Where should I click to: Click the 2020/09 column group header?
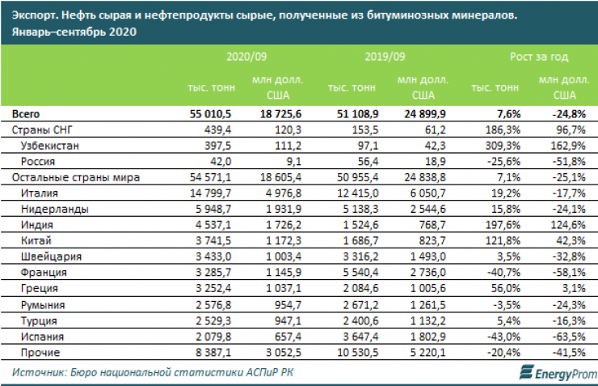click(x=246, y=57)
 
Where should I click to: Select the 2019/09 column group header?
click(x=385, y=57)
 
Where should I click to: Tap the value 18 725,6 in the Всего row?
click(x=277, y=113)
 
